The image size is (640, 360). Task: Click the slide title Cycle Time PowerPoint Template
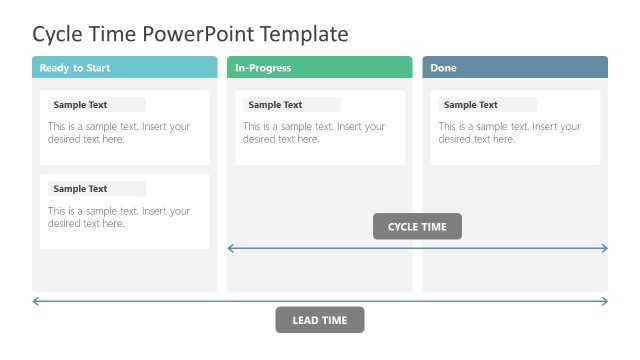point(190,34)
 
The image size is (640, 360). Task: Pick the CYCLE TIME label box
point(417,227)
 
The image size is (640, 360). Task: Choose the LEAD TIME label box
point(319,320)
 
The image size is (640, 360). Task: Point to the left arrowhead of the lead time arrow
point(36,301)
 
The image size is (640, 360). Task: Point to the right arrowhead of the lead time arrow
point(604,301)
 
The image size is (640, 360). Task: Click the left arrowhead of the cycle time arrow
point(231,248)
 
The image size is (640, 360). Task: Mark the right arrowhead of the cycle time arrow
point(604,248)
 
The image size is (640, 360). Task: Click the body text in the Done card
point(509,133)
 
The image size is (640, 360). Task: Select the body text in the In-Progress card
point(314,133)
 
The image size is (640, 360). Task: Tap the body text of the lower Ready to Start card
point(119,217)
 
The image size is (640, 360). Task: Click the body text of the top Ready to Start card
point(119,133)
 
